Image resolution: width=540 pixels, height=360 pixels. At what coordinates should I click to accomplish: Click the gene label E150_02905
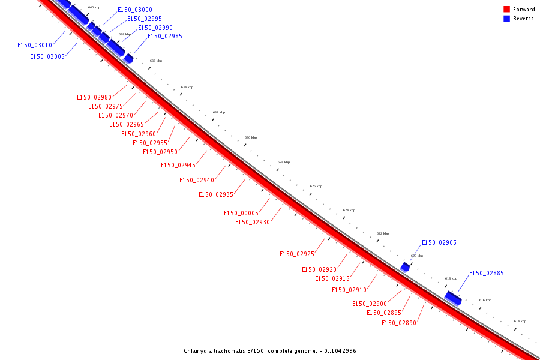(x=439, y=243)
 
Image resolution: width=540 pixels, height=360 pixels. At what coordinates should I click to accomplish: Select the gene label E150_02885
(x=486, y=274)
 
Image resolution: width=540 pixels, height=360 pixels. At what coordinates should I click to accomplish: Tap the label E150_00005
(x=241, y=214)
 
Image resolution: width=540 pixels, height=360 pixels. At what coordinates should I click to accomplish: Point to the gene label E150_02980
(x=94, y=98)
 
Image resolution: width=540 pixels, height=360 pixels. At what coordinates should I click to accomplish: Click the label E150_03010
(x=35, y=46)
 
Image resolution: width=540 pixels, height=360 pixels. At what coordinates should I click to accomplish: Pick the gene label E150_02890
(x=399, y=323)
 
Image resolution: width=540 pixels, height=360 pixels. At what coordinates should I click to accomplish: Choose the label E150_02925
(x=297, y=254)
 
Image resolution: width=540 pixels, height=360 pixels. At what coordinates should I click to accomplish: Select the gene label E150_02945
(x=178, y=166)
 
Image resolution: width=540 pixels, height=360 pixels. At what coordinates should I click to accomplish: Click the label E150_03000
(x=135, y=10)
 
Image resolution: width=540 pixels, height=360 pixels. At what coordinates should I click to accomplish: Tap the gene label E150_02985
(x=165, y=37)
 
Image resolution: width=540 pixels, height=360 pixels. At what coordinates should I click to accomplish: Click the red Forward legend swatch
(x=506, y=10)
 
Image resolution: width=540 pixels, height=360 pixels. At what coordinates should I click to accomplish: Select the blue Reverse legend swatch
(x=506, y=19)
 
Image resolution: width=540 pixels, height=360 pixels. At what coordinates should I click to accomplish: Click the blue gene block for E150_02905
(x=405, y=266)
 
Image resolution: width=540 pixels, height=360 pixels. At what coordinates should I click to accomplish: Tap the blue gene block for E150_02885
(x=453, y=298)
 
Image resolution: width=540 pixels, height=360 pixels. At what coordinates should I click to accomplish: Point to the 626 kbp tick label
(x=316, y=186)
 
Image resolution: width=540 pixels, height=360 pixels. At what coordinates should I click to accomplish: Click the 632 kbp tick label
(x=219, y=112)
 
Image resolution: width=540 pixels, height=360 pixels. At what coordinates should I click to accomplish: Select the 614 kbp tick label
(x=520, y=321)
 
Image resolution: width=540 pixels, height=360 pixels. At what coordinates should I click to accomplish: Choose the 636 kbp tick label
(x=155, y=61)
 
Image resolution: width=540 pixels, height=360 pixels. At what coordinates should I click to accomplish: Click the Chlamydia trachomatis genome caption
(x=269, y=351)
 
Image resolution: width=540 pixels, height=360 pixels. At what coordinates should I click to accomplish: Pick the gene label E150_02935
(x=216, y=195)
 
